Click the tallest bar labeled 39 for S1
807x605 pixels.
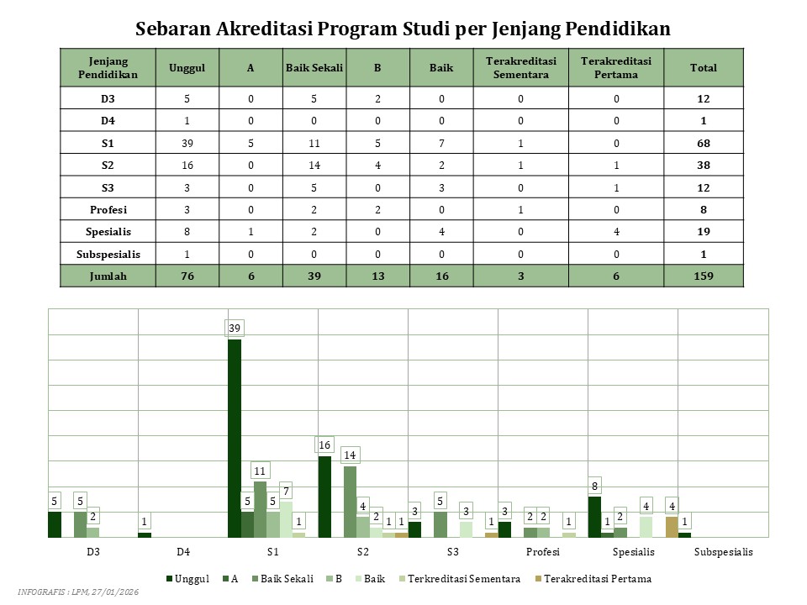point(235,437)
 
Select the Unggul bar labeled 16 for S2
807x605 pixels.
point(324,496)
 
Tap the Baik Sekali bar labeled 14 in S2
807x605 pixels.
point(351,501)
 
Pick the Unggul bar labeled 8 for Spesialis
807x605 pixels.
point(594,516)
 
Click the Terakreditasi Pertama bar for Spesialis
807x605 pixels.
point(672,526)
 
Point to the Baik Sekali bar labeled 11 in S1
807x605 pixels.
point(260,508)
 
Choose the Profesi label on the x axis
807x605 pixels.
point(542,552)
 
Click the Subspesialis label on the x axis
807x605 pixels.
point(724,552)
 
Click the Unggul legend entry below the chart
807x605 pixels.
point(191,579)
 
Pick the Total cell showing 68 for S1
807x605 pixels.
point(704,142)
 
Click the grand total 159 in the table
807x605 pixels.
point(704,276)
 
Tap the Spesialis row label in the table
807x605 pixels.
point(108,231)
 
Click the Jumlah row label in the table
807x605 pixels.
point(108,276)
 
